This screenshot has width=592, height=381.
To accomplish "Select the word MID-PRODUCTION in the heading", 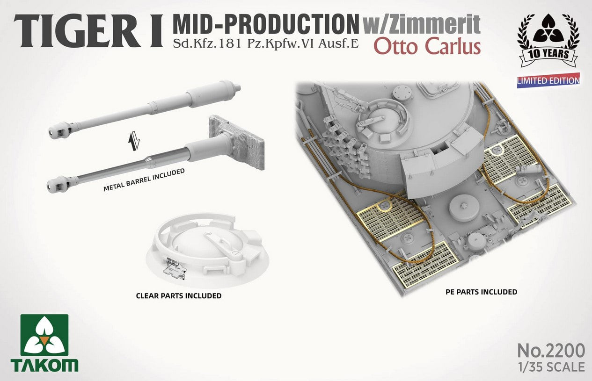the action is point(265,25).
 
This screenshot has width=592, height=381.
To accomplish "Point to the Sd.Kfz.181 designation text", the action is point(206,43).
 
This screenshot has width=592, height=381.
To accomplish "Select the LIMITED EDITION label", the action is point(548,80).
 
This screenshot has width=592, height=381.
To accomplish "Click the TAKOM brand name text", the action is point(44,365).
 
